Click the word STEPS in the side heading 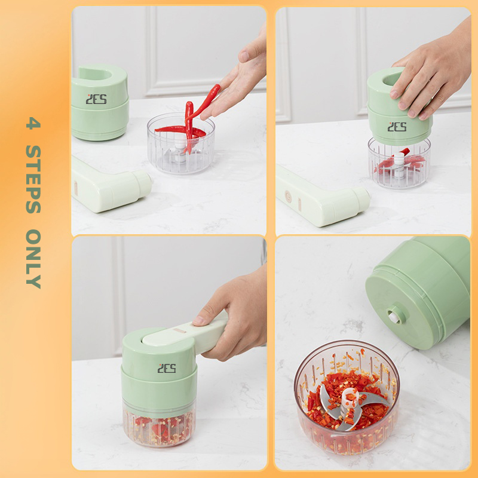(x=33, y=179)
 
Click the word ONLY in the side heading (x=33, y=259)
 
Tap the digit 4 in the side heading (x=33, y=123)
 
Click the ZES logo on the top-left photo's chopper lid (x=96, y=99)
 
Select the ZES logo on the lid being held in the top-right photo (x=397, y=127)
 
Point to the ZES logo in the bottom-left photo (x=167, y=368)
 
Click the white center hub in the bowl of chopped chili (x=350, y=398)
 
